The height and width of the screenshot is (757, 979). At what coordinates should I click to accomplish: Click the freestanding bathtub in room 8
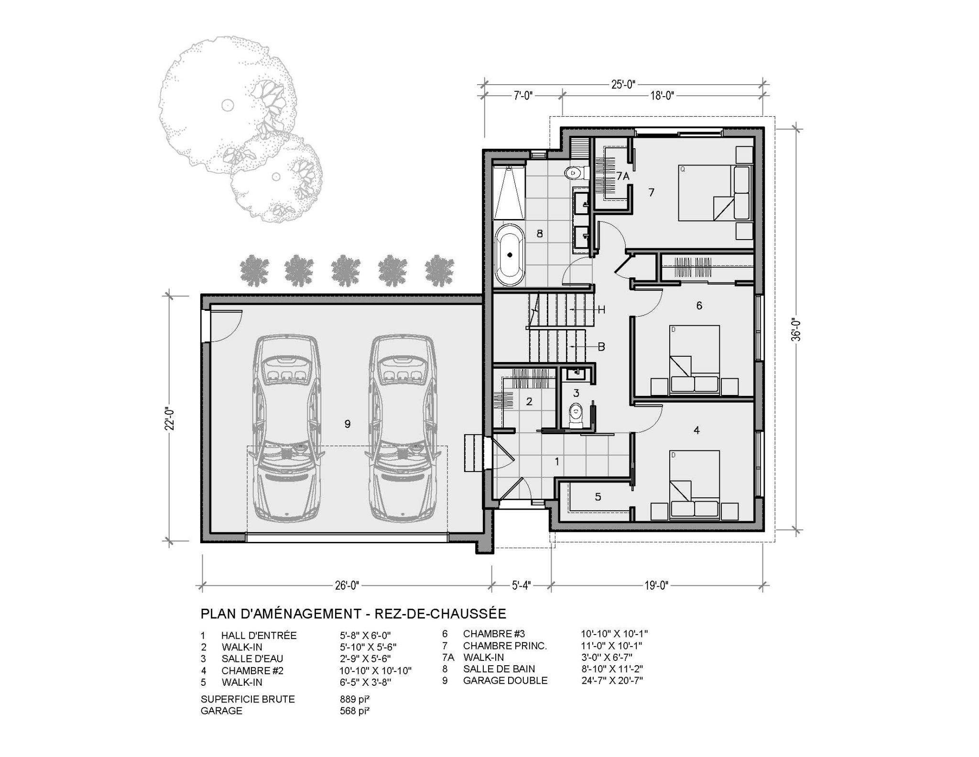coord(510,255)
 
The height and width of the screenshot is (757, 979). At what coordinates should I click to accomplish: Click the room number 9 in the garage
coord(348,424)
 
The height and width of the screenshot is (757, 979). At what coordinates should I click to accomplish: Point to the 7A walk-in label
coord(622,176)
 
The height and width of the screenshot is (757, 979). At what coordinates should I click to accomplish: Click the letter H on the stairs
coord(601,310)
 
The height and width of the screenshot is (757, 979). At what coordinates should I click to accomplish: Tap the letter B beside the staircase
coord(601,347)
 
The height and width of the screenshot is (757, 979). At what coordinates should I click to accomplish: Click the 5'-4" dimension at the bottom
coord(522,585)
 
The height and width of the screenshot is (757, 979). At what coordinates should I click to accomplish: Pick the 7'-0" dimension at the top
coord(523,96)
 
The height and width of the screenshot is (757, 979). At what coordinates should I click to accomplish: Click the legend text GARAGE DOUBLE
coord(505,680)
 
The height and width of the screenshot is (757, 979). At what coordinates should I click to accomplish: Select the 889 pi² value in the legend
coord(354,699)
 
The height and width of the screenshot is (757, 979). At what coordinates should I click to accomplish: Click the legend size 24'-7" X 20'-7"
coord(612,680)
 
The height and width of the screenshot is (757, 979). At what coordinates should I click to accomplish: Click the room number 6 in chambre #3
coord(699,306)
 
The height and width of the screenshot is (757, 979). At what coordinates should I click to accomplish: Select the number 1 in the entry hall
coord(556,461)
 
